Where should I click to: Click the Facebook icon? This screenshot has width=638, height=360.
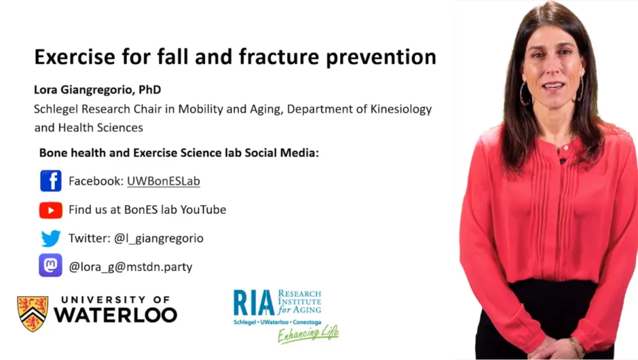[51, 181]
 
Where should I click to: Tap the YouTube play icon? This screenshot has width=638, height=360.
[51, 211]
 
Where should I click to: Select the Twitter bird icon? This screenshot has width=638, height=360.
[51, 238]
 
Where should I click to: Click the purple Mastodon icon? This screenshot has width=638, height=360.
[51, 266]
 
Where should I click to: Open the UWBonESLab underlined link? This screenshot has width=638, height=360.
[163, 181]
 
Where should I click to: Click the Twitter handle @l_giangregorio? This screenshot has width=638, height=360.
[159, 238]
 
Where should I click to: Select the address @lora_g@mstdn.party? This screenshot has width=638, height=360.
[130, 267]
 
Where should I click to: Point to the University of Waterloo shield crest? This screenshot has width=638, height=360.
[33, 313]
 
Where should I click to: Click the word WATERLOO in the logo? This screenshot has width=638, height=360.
[115, 315]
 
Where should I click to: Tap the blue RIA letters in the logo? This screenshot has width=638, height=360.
[254, 303]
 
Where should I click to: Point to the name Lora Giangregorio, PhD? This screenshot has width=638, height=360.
[97, 90]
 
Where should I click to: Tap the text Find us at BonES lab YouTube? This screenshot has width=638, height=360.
[147, 210]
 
